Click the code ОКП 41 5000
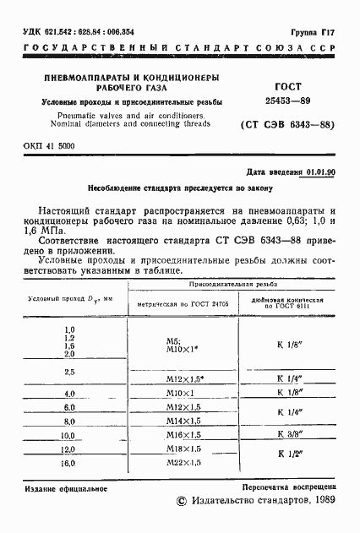pos(49,146)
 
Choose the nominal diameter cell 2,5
pos(69,373)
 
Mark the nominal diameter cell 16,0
pos(69,464)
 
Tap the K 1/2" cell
pos(292,456)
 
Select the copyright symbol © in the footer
pos(180,502)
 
